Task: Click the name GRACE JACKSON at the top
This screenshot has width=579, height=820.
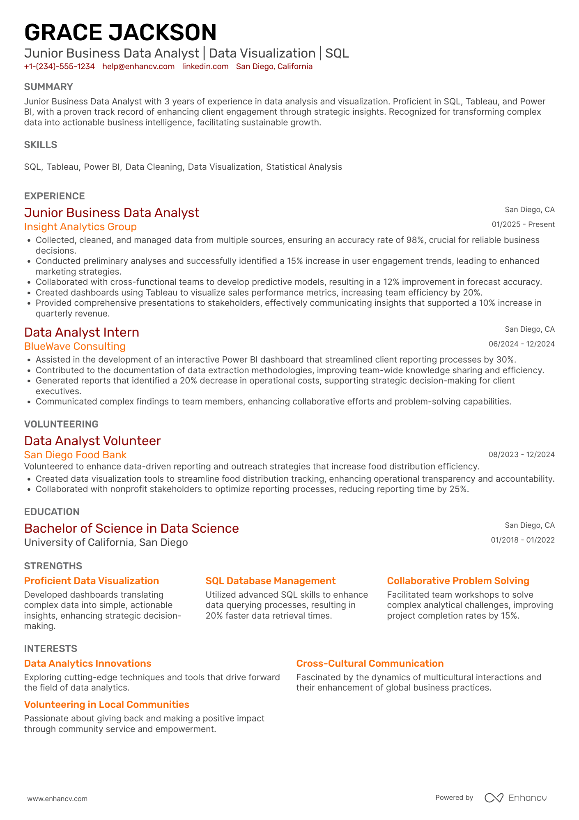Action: coord(120,32)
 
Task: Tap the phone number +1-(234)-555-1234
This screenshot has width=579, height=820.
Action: coord(60,67)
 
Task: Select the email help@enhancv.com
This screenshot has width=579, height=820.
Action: coord(138,67)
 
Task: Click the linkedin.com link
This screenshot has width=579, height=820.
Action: coord(205,67)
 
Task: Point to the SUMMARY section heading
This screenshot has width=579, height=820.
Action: coord(48,87)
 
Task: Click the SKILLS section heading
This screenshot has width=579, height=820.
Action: coord(41,145)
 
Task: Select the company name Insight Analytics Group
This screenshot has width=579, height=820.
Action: coord(80,227)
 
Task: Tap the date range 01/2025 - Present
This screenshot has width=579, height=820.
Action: coord(523,224)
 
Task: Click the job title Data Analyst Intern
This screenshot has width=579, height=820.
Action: coord(82,332)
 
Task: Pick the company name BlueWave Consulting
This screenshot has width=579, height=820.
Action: coord(75,346)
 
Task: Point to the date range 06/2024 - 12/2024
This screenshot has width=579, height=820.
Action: coord(521,344)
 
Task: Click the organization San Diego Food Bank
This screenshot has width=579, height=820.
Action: coord(75,455)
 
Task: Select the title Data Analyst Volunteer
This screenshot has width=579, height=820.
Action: coord(92,441)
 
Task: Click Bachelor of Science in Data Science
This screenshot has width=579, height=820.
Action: coord(131,528)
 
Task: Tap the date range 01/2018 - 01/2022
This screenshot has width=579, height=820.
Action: coord(522,540)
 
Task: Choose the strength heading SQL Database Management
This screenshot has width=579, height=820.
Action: coord(270,581)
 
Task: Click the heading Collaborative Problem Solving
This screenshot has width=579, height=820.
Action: coord(458,581)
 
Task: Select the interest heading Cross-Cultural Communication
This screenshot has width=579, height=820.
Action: coord(370,663)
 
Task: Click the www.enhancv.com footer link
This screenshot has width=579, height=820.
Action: coord(57,799)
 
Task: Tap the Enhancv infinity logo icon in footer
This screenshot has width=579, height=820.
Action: coord(494,798)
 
